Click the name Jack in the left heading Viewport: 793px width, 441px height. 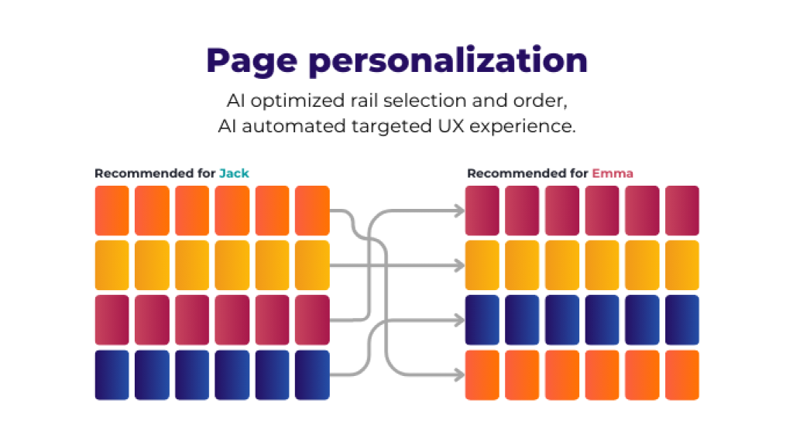234,173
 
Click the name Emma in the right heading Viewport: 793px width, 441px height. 613,173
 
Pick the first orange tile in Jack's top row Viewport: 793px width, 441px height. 112,210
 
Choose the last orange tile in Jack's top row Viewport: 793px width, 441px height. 312,210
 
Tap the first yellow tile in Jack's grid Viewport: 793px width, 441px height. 112,265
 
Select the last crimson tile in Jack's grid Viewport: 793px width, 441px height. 312,320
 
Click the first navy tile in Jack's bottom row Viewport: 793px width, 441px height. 112,375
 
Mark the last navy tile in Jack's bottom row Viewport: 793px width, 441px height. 312,375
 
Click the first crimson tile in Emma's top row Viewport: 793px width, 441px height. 482,210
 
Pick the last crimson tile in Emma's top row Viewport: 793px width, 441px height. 682,210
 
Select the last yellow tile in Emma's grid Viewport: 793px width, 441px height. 682,265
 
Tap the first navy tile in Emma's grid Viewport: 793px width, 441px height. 482,320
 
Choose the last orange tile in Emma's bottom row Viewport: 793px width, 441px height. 682,375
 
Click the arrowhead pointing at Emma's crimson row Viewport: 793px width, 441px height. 459,210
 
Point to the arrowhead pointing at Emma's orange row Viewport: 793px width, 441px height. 459,375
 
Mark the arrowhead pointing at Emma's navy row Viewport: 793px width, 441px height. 459,320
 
